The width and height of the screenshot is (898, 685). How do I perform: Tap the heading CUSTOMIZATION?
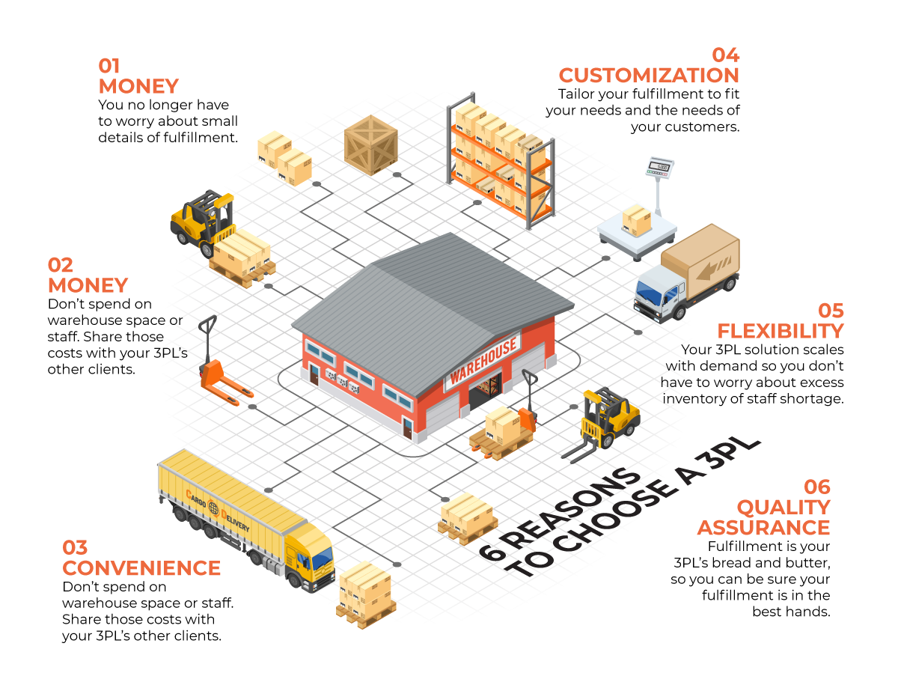pyautogui.click(x=649, y=75)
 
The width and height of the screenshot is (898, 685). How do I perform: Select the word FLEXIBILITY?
pyautogui.click(x=780, y=330)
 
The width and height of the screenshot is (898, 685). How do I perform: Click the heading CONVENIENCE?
pyautogui.click(x=141, y=567)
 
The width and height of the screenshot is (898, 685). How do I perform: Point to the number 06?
pyautogui.click(x=817, y=487)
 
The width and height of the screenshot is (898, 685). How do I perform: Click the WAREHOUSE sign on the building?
pyautogui.click(x=483, y=359)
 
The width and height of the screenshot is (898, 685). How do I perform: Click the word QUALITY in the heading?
pyautogui.click(x=784, y=507)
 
